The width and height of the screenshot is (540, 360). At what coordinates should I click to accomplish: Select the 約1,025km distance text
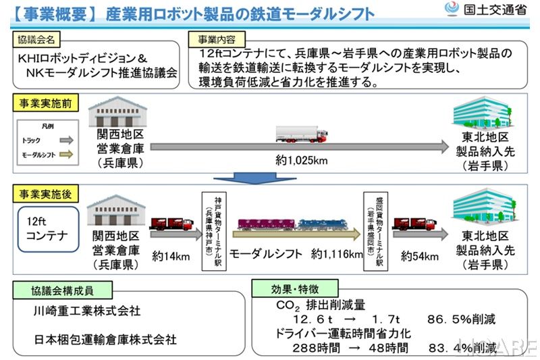tap(302, 161)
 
